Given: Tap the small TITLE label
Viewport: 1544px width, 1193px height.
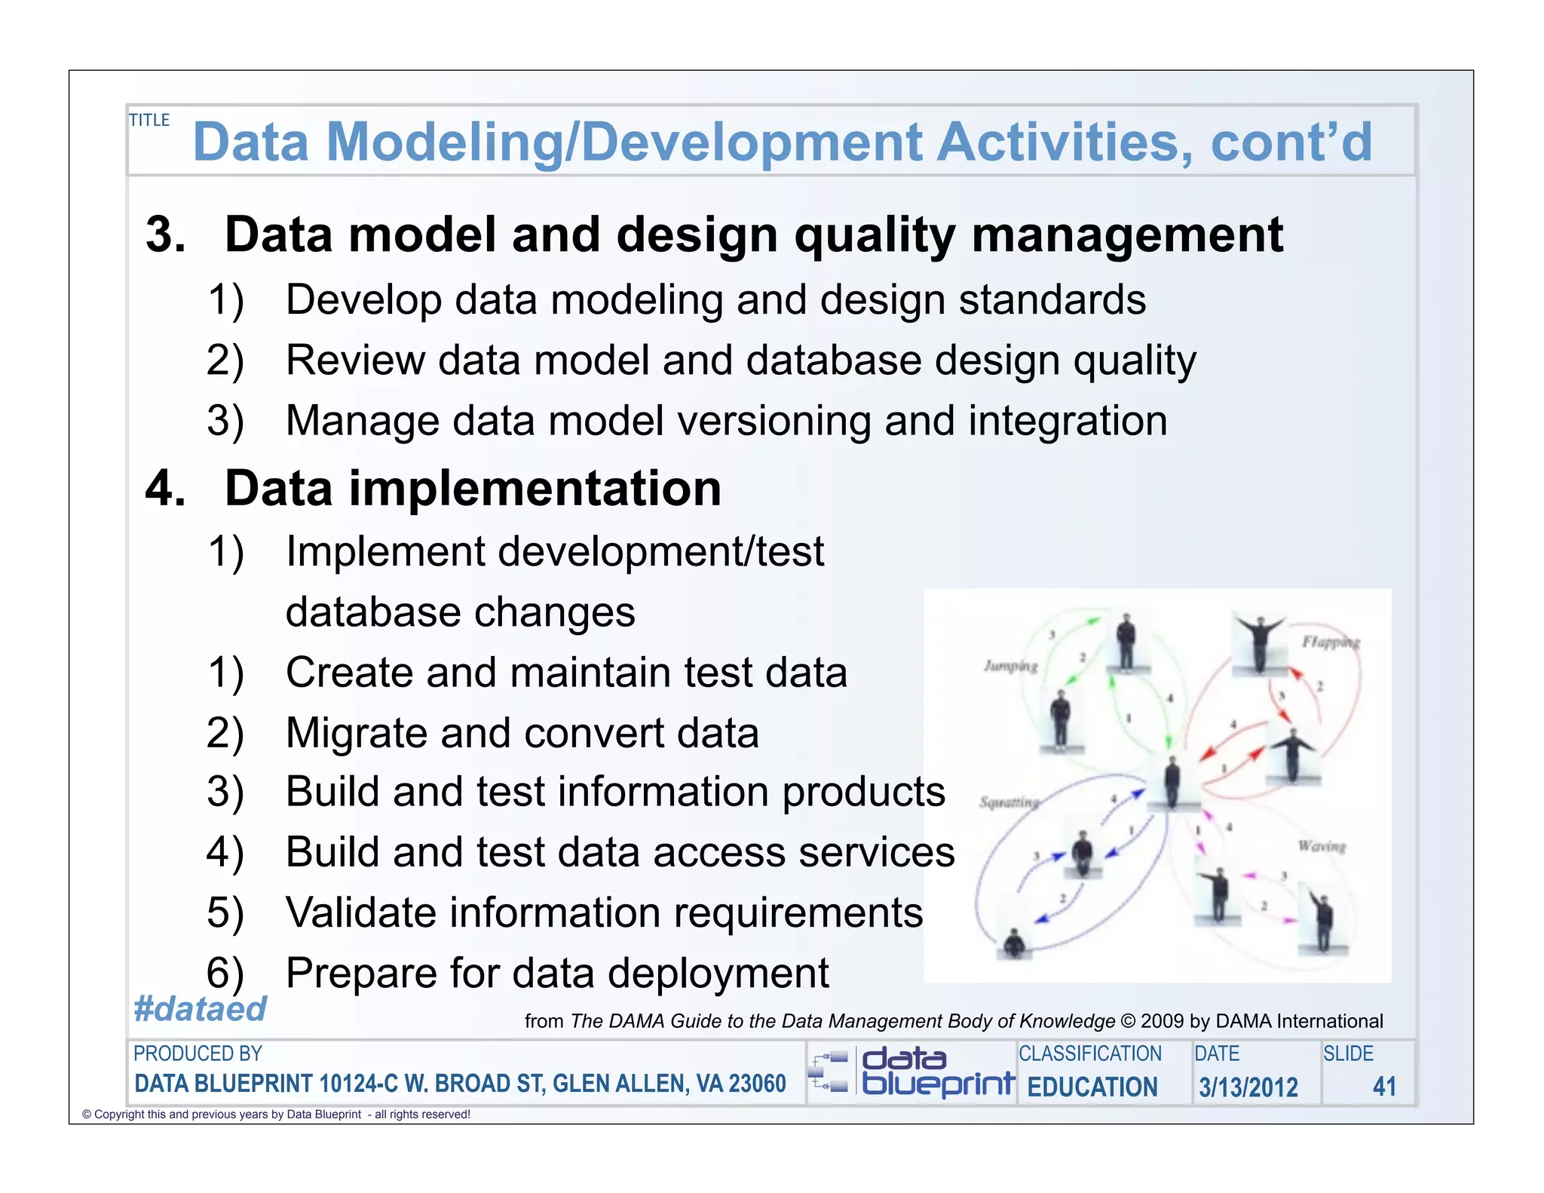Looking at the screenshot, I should [149, 120].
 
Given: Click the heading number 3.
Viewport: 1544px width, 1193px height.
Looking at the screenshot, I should [165, 235].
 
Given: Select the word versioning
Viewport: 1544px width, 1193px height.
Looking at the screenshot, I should [774, 420].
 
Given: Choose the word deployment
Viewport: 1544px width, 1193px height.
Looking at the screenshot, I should [718, 973].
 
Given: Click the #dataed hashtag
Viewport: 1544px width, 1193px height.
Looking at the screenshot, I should [200, 1009].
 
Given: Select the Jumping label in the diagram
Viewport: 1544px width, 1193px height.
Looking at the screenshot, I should [1011, 666].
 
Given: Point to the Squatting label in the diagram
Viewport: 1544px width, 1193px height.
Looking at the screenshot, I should [1009, 802].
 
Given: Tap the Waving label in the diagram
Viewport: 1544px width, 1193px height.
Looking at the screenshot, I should [1322, 846].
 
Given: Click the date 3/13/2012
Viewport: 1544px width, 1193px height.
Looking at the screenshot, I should [1248, 1087].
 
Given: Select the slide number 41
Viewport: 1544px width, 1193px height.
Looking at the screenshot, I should [1384, 1086].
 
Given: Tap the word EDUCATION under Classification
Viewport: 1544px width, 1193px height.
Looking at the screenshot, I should [1092, 1087].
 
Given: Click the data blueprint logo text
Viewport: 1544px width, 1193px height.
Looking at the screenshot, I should [937, 1072].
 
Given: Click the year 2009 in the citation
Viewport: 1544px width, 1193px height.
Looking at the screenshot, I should [1162, 1021].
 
